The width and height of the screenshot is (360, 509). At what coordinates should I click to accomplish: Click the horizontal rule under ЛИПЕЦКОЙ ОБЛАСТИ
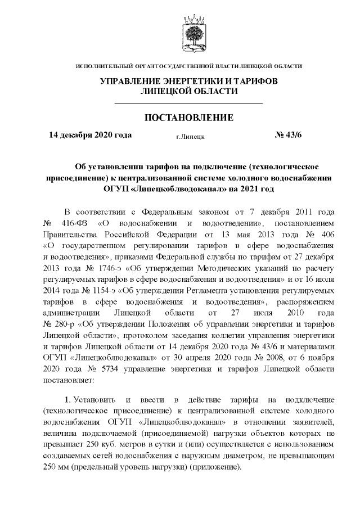(189, 103)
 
